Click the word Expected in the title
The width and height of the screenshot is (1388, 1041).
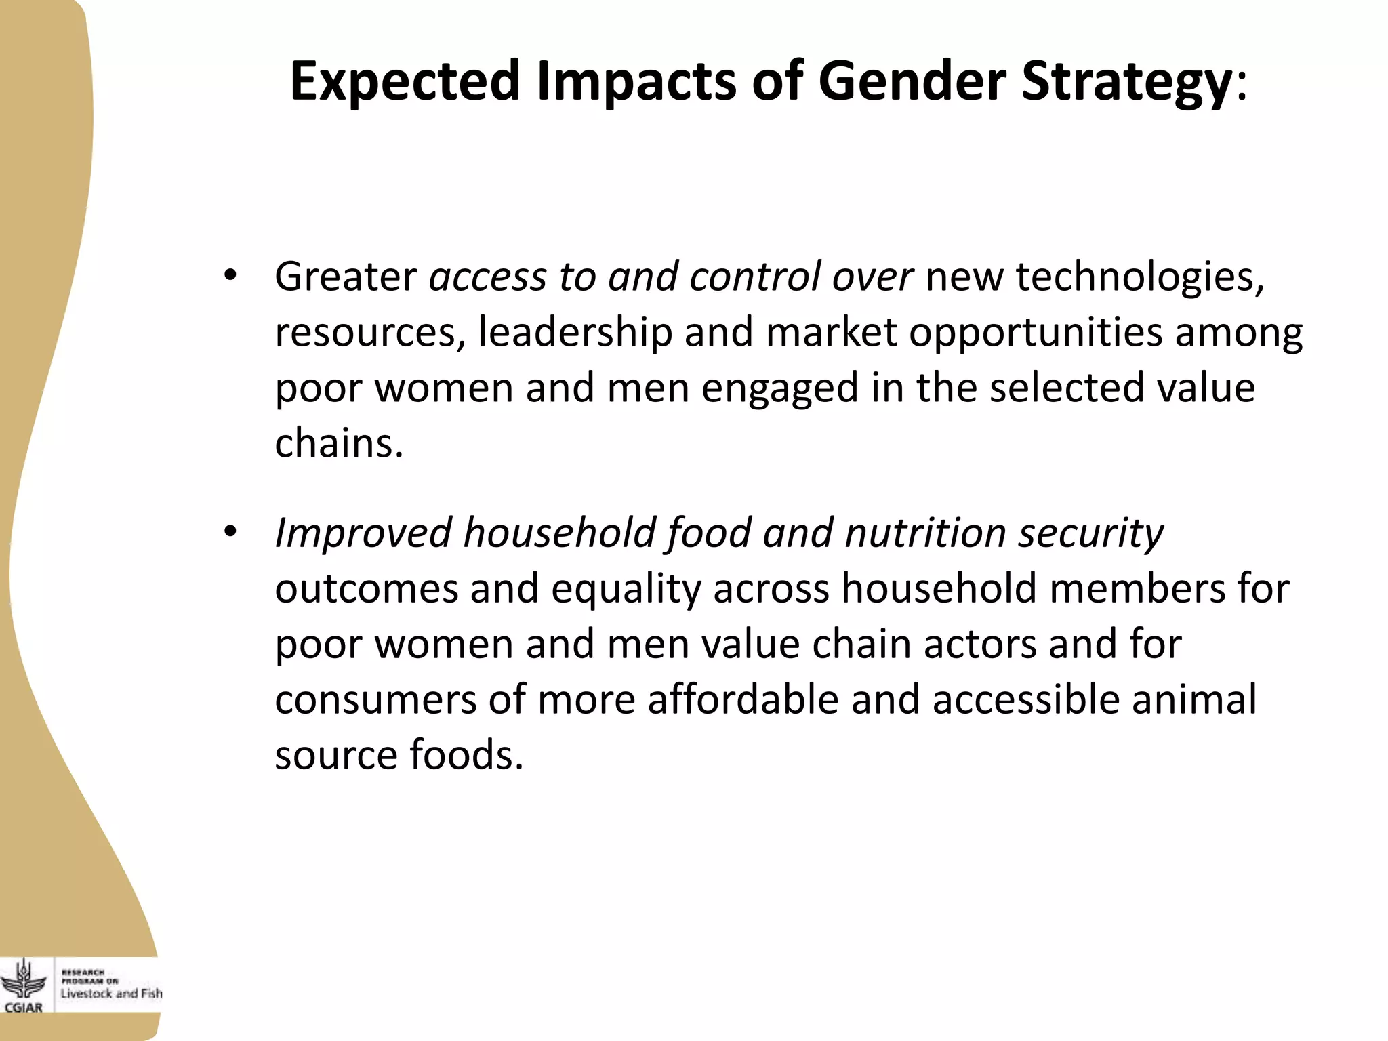tap(405, 81)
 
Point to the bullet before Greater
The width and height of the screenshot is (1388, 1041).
tap(230, 276)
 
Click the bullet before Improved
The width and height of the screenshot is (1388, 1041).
tap(230, 532)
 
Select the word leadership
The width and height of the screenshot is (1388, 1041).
tap(575, 332)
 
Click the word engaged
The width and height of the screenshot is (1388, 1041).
tap(780, 388)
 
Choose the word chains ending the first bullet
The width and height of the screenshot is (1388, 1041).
tap(338, 443)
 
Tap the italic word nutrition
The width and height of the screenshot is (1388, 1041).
tap(925, 533)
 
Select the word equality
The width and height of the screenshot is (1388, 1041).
tap(626, 588)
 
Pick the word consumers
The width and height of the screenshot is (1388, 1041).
tap(375, 699)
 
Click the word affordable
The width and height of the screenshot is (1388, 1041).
tap(743, 699)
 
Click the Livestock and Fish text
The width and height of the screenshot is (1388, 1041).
tap(111, 994)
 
